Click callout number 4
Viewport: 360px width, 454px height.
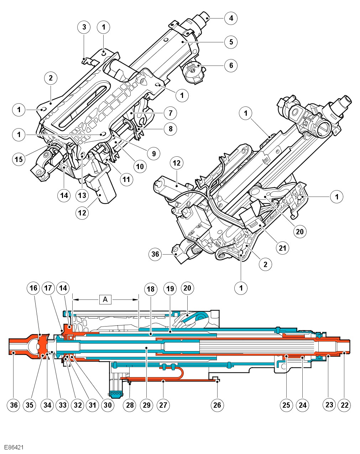point(231,18)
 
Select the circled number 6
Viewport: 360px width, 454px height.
point(231,65)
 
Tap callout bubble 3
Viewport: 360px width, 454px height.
point(84,27)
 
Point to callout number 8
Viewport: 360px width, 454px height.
point(171,129)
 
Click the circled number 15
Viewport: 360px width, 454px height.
point(19,159)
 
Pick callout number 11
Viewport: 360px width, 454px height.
point(126,179)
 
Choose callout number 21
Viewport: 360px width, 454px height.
point(282,248)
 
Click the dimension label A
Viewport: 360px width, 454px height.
point(105,299)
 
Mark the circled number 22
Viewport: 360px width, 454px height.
point(344,405)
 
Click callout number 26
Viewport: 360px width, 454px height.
point(217,405)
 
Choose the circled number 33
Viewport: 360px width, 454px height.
point(63,405)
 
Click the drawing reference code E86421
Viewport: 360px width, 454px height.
point(14,447)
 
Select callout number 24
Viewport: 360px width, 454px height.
point(302,405)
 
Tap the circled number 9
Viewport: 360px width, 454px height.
point(154,153)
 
